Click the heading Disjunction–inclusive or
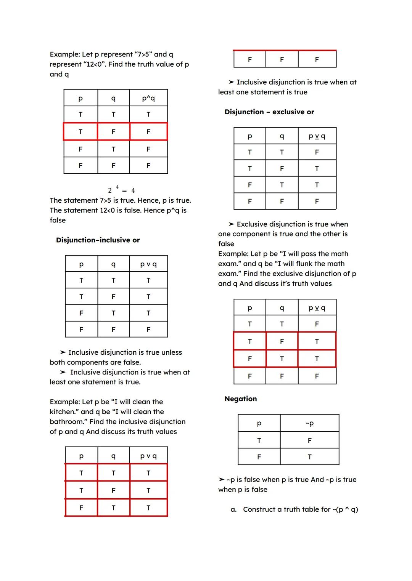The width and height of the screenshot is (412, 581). [x=98, y=240]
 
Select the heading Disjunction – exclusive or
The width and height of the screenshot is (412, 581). [x=269, y=112]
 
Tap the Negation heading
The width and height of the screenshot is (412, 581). [x=241, y=399]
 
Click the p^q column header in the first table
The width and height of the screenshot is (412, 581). [x=148, y=98]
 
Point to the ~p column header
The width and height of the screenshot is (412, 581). [x=309, y=423]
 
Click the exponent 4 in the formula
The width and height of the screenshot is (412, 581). [x=117, y=187]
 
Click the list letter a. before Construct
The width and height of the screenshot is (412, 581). [x=233, y=510]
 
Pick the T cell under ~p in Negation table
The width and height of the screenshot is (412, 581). [x=309, y=457]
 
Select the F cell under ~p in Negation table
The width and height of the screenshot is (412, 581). [x=309, y=440]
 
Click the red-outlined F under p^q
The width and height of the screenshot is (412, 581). [x=148, y=132]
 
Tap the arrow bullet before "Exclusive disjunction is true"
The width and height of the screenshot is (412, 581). [x=231, y=224]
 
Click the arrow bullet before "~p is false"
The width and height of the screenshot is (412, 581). [x=221, y=480]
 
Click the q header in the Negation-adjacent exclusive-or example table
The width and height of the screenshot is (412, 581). [x=282, y=308]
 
